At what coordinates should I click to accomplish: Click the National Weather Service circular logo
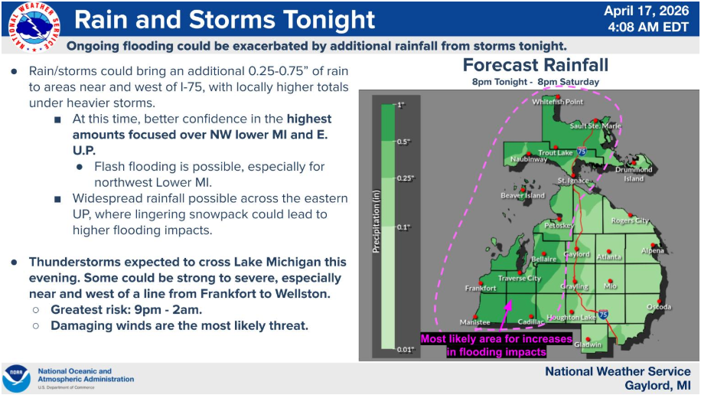34,27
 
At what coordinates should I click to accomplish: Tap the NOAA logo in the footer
17,378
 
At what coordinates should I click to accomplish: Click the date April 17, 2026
647,11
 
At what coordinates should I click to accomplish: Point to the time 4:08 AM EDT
647,28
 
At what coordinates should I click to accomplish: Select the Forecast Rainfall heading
536,65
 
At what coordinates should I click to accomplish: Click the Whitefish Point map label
557,102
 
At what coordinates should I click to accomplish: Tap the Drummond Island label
634,174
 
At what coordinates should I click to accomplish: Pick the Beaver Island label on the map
523,195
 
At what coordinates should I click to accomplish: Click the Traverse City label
520,278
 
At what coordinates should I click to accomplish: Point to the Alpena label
652,250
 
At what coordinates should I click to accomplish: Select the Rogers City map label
630,220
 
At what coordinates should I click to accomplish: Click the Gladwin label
588,344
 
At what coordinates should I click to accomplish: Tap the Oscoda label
659,307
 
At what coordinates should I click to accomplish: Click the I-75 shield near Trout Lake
581,152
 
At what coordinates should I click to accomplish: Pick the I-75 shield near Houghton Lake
603,314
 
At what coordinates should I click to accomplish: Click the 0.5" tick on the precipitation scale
403,142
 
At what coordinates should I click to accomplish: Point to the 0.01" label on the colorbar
406,350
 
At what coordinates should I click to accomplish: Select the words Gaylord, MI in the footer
657,386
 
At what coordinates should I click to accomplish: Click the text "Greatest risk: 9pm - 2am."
126,309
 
